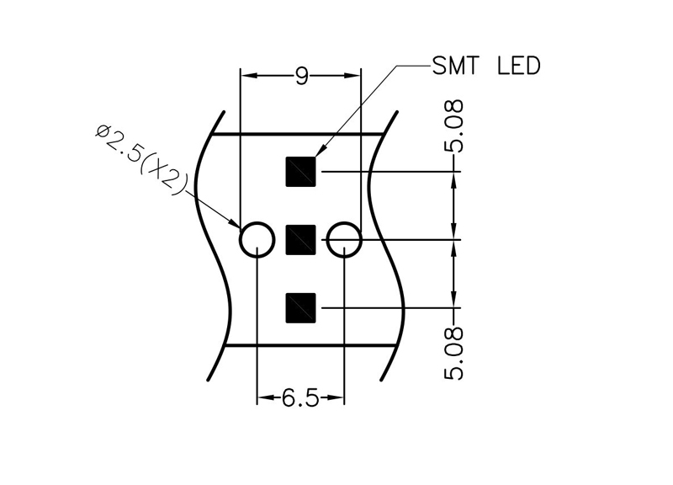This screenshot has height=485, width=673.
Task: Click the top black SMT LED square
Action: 301,172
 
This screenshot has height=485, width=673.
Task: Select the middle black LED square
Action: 301,240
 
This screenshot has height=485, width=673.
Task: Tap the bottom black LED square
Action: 301,307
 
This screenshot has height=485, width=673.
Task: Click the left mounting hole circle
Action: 257,241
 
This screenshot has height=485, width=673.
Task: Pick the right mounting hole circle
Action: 344,241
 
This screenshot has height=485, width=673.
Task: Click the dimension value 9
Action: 301,77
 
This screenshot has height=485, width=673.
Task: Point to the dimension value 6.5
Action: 300,398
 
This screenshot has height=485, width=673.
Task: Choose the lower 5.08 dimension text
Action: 454,354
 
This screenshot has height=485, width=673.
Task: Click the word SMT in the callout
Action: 458,66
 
